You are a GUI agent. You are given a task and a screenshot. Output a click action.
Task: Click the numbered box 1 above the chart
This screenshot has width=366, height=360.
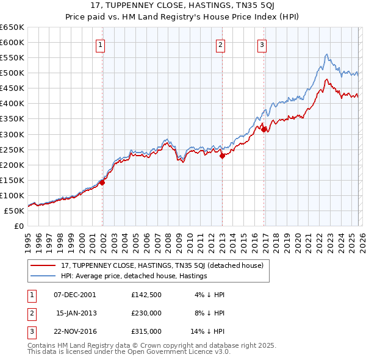(x=99, y=44)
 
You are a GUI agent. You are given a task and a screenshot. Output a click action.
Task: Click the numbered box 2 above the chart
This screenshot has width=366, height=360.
(x=220, y=44)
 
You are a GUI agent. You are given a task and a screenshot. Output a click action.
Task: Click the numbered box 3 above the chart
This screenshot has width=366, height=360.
(x=261, y=44)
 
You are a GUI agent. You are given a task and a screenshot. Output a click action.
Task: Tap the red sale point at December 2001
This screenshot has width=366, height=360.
(x=102, y=182)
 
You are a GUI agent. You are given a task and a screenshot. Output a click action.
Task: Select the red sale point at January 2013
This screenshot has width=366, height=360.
(x=222, y=156)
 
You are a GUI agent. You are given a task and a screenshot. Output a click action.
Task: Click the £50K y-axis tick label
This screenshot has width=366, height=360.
(x=15, y=211)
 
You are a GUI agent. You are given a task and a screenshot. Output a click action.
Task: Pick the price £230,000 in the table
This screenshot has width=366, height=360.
(x=146, y=313)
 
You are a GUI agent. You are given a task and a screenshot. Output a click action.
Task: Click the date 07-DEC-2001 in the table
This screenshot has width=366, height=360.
(x=75, y=295)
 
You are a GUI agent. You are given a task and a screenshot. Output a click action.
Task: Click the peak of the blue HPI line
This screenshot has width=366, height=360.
(x=327, y=54)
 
